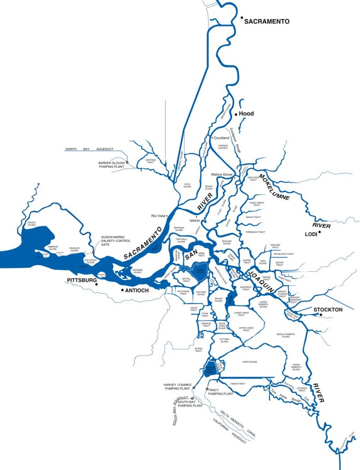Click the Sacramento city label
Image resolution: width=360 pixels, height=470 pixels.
[267, 22]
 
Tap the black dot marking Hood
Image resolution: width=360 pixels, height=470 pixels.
[236, 113]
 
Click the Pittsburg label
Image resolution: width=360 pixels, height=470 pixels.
[80, 280]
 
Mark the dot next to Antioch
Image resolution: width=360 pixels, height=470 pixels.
[121, 291]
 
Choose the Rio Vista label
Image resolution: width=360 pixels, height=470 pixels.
[157, 216]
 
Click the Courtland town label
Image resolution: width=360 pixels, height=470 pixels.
[221, 138]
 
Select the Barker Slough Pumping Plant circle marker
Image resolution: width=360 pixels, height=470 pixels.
[128, 162]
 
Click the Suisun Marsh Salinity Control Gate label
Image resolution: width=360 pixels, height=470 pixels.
[116, 241]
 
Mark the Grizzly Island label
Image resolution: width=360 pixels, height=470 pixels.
[32, 224]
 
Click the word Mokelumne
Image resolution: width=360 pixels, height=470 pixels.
[274, 187]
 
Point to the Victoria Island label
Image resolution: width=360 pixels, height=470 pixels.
[224, 341]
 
